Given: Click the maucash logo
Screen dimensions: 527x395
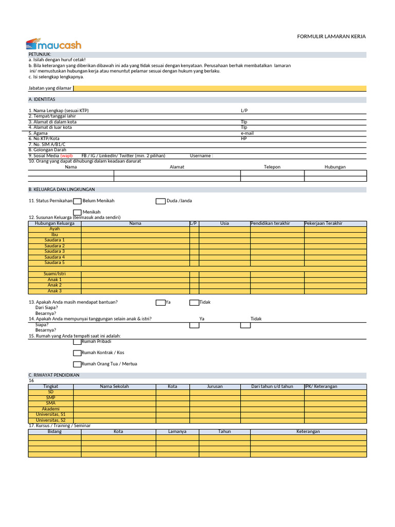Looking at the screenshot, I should [x=53, y=45].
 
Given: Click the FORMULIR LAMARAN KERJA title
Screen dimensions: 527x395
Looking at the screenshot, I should [x=332, y=37].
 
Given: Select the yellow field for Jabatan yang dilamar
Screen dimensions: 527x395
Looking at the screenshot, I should [x=220, y=88].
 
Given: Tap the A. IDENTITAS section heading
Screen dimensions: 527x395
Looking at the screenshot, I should [x=42, y=99].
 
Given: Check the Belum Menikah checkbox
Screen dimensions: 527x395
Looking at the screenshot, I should [x=77, y=201].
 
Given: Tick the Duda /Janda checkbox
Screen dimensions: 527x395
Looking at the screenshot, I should [x=160, y=201].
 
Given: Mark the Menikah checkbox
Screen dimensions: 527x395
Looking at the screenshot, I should [x=77, y=212].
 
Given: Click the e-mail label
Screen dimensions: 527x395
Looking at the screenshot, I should [x=247, y=133].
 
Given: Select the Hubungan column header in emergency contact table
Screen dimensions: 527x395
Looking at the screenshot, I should [x=335, y=167].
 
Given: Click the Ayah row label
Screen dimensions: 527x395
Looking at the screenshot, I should [x=55, y=229].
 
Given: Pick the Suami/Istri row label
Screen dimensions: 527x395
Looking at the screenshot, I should [x=55, y=274].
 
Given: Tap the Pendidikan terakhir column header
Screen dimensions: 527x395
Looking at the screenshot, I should [x=270, y=223].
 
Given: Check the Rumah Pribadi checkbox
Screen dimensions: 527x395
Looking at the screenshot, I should [x=77, y=342].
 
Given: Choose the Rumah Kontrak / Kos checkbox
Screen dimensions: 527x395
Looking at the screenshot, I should [x=77, y=353].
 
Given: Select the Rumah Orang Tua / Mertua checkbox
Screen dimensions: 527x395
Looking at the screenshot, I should [x=77, y=364].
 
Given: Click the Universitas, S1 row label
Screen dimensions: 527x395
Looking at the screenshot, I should [x=50, y=414].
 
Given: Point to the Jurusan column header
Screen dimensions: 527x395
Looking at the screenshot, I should [x=215, y=387].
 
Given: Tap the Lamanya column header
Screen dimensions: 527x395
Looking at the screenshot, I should [x=177, y=431].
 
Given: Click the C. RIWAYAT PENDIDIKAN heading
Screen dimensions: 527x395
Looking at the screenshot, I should [x=54, y=375].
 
